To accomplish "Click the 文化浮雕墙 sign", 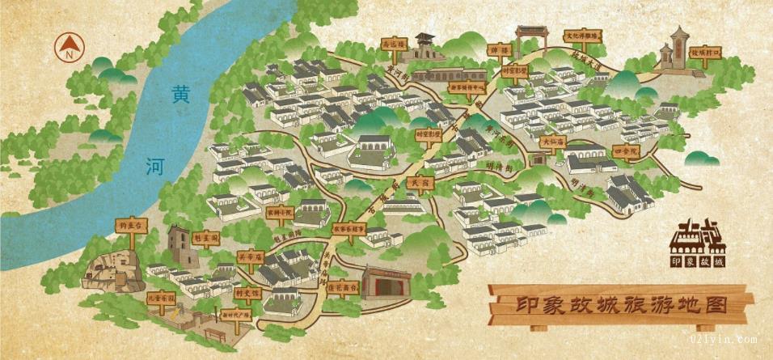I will tap(580, 36).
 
